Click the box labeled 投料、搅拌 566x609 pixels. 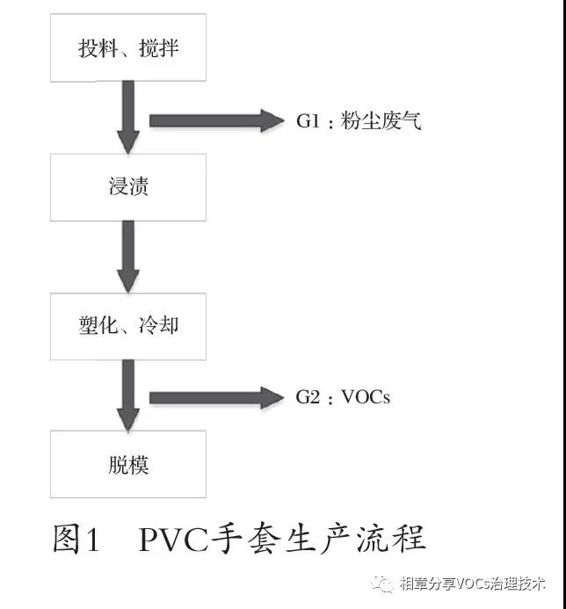pos(128,48)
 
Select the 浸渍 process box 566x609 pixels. pos(128,187)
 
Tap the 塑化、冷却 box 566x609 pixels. pos(128,326)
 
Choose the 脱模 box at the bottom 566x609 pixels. pos(128,464)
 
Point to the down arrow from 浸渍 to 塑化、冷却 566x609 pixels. pos(128,256)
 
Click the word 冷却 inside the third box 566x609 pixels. pos(159,326)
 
